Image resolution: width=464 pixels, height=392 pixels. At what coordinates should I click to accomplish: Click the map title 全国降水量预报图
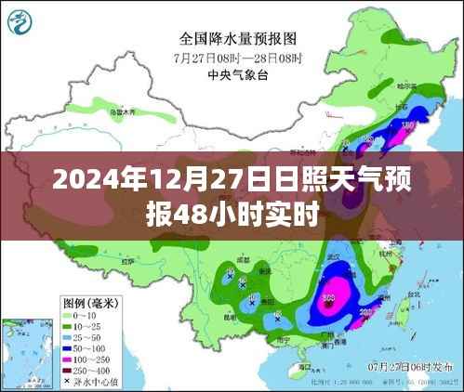point(237,39)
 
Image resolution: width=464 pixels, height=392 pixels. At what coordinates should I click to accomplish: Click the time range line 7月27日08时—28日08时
point(237,56)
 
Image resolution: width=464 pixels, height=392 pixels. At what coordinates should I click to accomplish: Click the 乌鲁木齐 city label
point(122,112)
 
